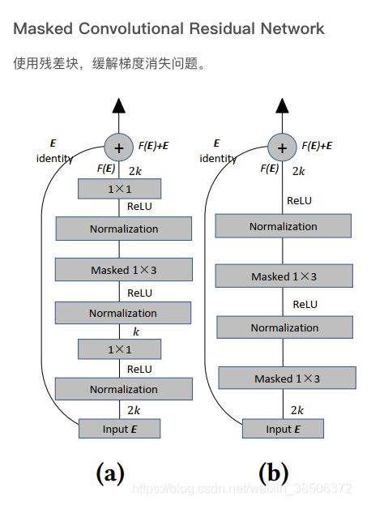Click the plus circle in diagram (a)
tap(119, 148)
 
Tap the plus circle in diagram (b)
tap(282, 148)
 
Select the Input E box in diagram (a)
tap(120, 428)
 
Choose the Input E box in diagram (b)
tap(283, 429)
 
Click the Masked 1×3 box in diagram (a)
tap(123, 270)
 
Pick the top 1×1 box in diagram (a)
tap(119, 189)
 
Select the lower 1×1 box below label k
tap(119, 349)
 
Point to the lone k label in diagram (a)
tap(136, 331)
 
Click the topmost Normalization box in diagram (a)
tap(123, 229)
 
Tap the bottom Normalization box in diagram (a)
tap(123, 389)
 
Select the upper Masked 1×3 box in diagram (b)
tap(284, 276)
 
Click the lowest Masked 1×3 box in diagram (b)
tap(287, 379)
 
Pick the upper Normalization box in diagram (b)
tap(283, 226)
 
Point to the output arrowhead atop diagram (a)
tap(119, 105)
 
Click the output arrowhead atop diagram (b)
tap(282, 105)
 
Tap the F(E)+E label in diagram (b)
tap(317, 146)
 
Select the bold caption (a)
tap(110, 473)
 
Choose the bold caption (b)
tap(273, 473)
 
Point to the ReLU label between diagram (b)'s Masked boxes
tap(305, 304)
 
